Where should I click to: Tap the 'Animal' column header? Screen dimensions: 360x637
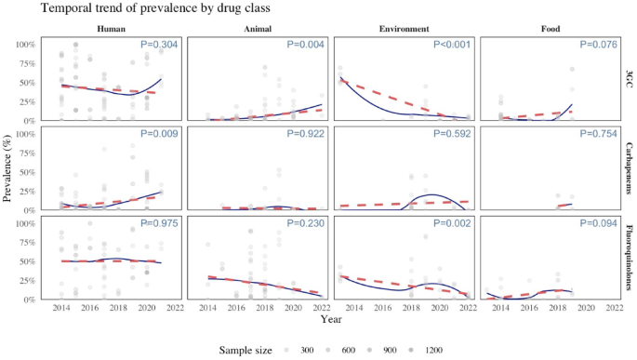(258, 28)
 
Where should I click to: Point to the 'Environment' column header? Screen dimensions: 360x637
(404, 28)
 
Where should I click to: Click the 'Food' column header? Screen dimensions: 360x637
(550, 28)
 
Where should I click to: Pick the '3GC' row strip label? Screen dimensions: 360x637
(630, 77)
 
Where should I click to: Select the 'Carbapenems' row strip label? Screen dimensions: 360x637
(630, 167)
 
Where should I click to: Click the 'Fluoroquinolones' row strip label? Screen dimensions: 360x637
(630, 257)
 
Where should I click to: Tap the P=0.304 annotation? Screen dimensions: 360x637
(160, 45)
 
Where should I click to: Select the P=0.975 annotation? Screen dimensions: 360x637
(160, 223)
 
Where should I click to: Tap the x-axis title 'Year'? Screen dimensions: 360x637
(331, 319)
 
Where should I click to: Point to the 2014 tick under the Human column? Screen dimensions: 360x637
(60, 308)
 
